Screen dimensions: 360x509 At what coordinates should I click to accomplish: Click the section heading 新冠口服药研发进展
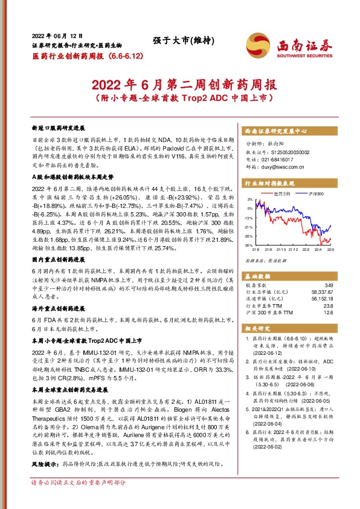click(x=59, y=129)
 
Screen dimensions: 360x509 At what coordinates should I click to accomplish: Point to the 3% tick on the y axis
click(x=249, y=199)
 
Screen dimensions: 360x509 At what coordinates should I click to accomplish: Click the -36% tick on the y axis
click(x=248, y=245)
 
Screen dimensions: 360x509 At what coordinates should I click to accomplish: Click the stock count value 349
click(x=329, y=285)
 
